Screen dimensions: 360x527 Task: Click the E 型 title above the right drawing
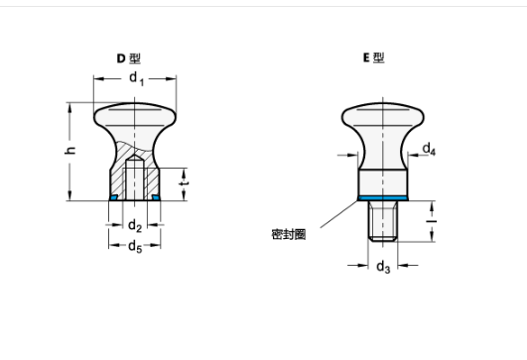pyautogui.click(x=372, y=59)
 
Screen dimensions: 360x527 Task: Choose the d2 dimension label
pyautogui.click(x=135, y=226)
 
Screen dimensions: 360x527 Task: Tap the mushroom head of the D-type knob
pyautogui.click(x=135, y=117)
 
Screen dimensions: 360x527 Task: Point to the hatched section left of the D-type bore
pyautogui.click(x=118, y=180)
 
